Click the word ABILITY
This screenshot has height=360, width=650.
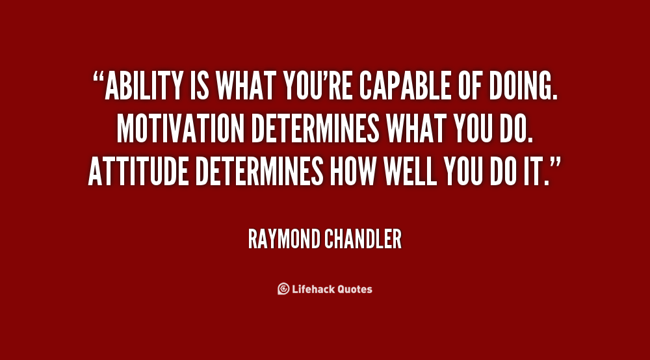pyautogui.click(x=144, y=86)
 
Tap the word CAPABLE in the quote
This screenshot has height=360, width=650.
pyautogui.click(x=405, y=86)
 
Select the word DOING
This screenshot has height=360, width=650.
pyautogui.click(x=523, y=86)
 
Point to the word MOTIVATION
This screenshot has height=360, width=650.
pyautogui.click(x=180, y=129)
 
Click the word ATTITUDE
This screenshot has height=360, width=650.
pyautogui.click(x=138, y=171)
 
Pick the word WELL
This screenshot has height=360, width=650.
pyautogui.click(x=410, y=171)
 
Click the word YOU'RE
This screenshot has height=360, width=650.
pyautogui.click(x=318, y=86)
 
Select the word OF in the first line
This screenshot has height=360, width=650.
pyautogui.click(x=470, y=86)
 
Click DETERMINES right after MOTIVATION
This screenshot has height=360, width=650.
pyautogui.click(x=315, y=129)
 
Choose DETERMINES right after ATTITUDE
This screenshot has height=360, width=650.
pyautogui.click(x=259, y=171)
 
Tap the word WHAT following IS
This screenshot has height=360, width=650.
pyautogui.click(x=246, y=86)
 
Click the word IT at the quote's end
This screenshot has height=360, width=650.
pyautogui.click(x=533, y=171)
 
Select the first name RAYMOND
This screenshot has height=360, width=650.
pyautogui.click(x=285, y=239)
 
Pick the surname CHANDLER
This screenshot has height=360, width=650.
pyautogui.click(x=363, y=239)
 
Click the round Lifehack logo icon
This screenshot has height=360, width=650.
pyautogui.click(x=283, y=289)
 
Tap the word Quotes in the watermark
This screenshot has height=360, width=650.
pyautogui.click(x=354, y=289)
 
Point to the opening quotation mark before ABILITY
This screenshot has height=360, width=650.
pyautogui.click(x=98, y=77)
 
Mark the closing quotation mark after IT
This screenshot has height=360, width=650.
pyautogui.click(x=555, y=162)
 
